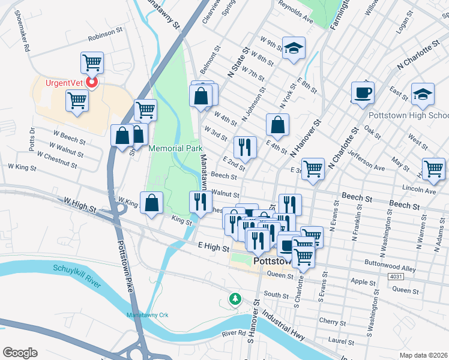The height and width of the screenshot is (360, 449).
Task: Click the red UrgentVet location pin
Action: point(92,82)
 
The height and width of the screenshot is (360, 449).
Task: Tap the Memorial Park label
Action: point(175,148)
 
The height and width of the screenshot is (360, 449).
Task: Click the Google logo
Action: point(20,352)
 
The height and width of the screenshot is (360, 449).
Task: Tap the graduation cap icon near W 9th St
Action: point(294,49)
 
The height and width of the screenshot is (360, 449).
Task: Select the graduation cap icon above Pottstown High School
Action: point(423,94)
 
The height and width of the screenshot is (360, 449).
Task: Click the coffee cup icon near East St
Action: point(363,93)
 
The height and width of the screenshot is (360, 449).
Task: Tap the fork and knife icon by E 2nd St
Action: point(245,146)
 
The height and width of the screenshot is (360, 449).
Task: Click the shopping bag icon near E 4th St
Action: point(278,125)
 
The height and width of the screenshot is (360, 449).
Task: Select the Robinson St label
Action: point(105,37)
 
